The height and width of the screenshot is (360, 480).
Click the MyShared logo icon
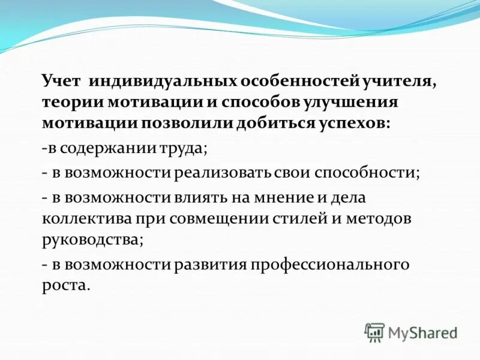point(374,332)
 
